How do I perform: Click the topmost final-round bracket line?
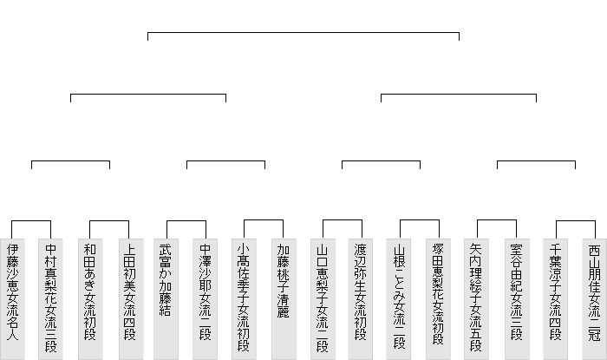click(303, 32)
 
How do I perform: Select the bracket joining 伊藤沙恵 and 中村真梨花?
click(31, 222)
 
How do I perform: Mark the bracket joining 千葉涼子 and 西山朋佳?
click(574, 222)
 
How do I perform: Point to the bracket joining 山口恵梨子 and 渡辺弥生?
click(342, 222)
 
